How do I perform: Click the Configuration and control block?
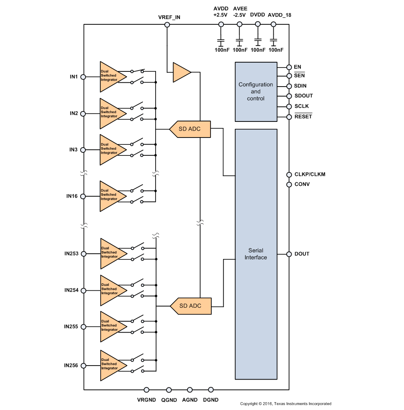256,92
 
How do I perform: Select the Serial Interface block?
256,254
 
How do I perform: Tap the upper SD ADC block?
190,129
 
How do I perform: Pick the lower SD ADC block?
190,306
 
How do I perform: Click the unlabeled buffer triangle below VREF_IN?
181,72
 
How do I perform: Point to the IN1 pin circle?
83,77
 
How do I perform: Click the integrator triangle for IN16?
113,196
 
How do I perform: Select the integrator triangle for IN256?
113,365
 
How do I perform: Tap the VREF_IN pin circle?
167,25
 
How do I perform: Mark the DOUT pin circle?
289,254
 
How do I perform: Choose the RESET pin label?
303,116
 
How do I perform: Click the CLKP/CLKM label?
310,175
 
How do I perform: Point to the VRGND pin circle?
146,390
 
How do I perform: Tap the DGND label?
211,400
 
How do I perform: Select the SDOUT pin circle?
289,96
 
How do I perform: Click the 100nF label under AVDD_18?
276,50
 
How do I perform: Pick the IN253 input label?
71,254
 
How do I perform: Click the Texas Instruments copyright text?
285,404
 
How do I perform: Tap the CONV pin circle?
289,185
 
